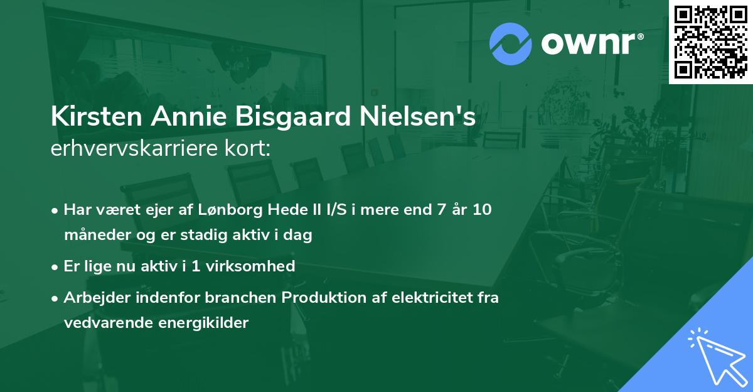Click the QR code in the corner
click(x=710, y=41)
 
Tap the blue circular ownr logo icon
click(x=511, y=44)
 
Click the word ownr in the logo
click(x=590, y=44)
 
